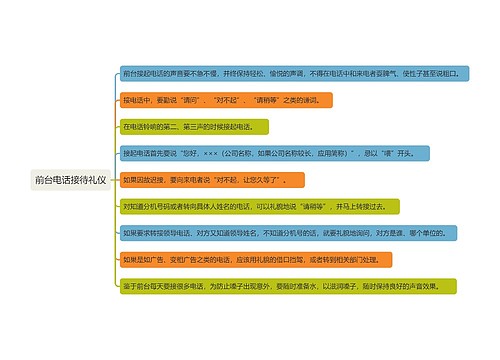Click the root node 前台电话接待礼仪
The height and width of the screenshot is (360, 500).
click(x=75, y=180)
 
